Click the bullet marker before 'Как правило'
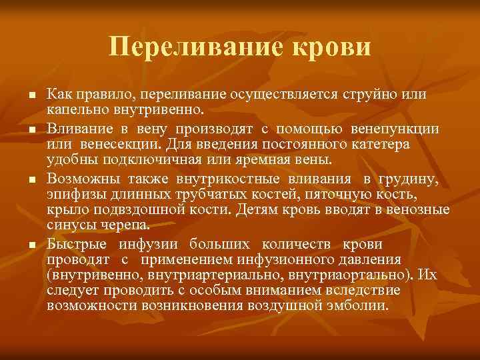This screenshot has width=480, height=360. pyautogui.click(x=31, y=97)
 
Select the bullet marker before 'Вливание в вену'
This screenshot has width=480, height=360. pyautogui.click(x=31, y=129)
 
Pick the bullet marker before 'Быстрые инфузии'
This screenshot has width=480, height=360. pyautogui.click(x=31, y=245)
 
